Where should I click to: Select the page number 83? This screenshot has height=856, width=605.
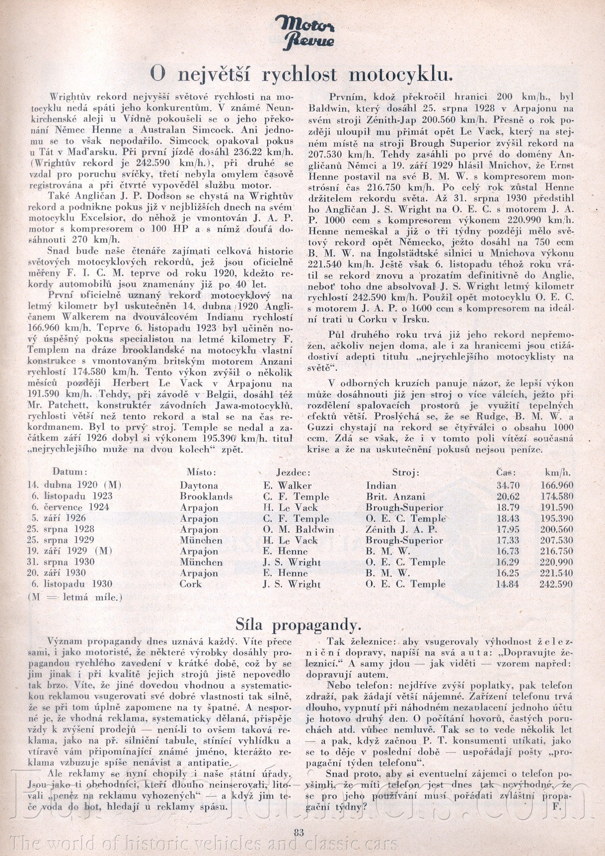click(299, 833)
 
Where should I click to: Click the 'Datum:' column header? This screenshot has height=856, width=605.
click(70, 472)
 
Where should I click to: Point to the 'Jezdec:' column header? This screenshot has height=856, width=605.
click(294, 472)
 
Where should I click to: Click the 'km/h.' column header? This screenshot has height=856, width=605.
click(558, 472)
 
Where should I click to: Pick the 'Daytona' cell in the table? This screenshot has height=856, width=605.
click(199, 485)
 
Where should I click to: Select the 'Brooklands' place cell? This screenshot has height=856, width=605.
click(206, 496)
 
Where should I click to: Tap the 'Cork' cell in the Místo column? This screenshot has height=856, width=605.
click(191, 584)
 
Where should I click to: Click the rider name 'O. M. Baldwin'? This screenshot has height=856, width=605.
click(299, 530)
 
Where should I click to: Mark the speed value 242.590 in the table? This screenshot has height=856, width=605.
click(556, 584)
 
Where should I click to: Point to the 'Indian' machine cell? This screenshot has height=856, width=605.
click(381, 485)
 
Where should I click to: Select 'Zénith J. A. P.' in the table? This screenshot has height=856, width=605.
click(401, 530)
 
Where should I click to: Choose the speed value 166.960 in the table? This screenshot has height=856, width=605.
click(556, 485)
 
